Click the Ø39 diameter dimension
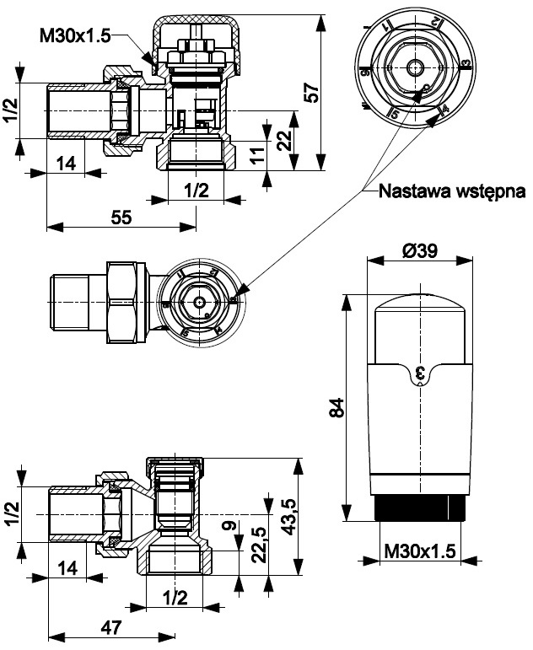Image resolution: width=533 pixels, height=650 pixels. [x=418, y=250]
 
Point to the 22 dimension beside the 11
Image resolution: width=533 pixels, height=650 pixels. [x=283, y=138]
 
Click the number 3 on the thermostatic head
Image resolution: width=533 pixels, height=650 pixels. [x=419, y=371]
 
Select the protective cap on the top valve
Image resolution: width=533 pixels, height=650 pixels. [x=194, y=34]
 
